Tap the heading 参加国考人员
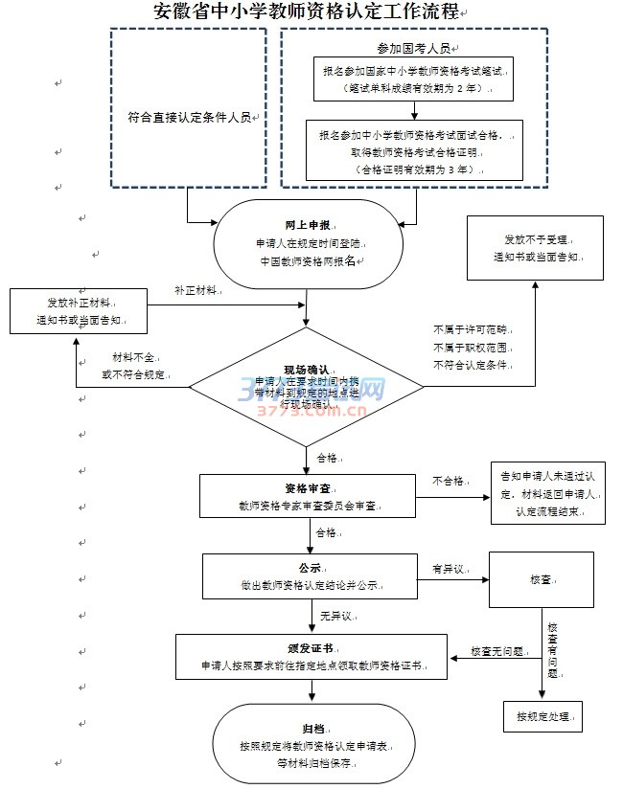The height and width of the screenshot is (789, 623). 414,46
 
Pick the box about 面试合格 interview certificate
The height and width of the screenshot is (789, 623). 414,151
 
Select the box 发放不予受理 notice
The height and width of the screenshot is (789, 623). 536,248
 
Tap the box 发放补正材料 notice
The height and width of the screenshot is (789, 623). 78,311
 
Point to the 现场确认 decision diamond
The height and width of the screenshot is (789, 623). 307,387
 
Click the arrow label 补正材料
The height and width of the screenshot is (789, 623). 196,289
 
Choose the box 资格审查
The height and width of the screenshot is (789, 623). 307,495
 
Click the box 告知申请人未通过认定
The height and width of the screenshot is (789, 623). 548,494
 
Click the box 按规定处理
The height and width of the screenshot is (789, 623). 542,715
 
